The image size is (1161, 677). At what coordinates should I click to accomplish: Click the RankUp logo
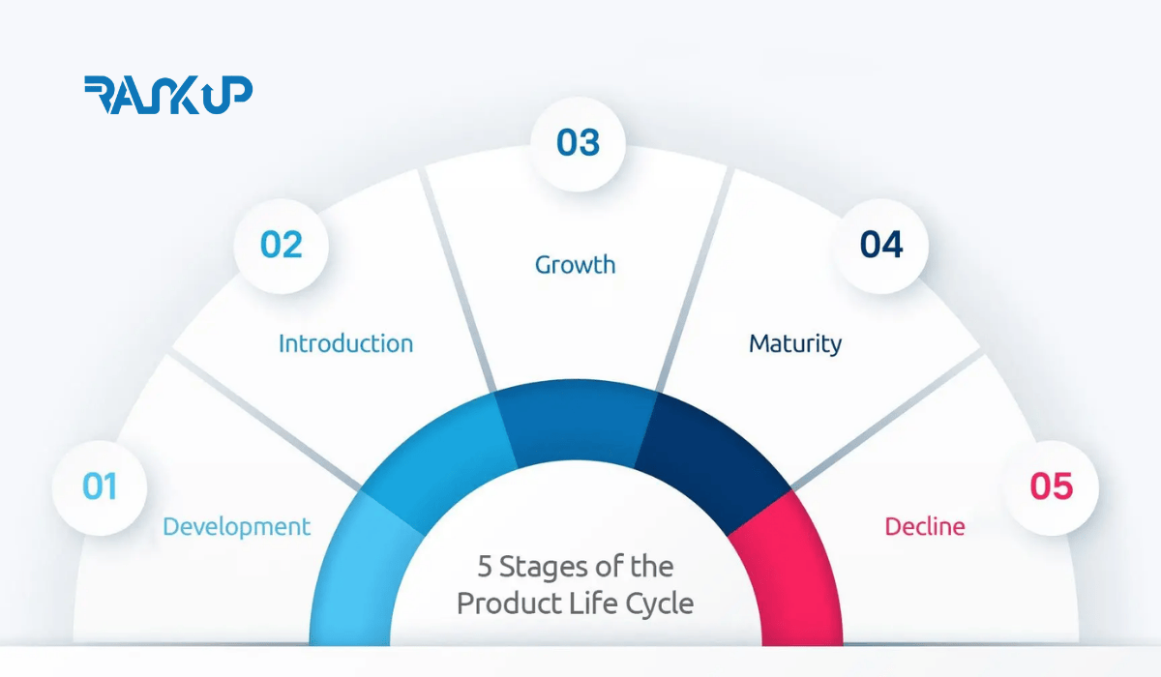coord(168,95)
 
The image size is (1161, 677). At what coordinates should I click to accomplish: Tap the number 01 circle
coord(99,486)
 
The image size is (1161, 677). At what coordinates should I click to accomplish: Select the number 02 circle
coord(281,246)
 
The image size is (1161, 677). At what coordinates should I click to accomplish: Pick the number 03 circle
coord(578,143)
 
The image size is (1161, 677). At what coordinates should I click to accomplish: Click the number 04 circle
coord(880,246)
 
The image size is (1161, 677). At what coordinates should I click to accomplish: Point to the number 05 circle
coord(1051,486)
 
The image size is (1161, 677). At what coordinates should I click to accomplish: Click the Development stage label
coord(236,527)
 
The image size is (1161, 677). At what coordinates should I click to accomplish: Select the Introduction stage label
coord(345,343)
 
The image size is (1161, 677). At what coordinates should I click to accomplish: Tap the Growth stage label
coord(575,265)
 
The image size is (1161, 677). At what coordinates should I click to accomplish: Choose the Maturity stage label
coord(795,343)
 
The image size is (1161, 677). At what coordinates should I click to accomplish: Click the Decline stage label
coord(924,527)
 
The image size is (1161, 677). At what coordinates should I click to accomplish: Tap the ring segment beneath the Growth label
coord(576,426)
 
